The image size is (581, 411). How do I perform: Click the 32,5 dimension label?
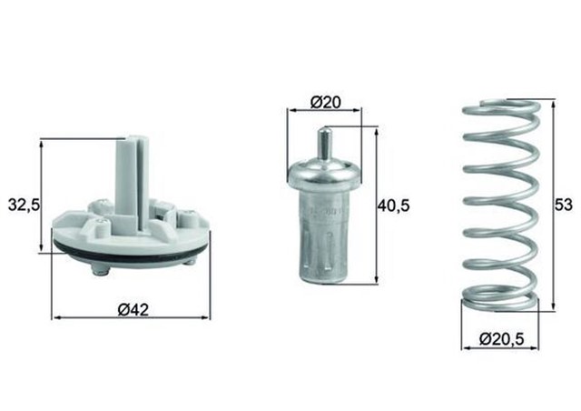(x=23, y=205)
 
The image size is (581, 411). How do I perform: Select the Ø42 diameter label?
(x=133, y=307)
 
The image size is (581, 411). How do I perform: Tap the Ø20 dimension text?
(x=324, y=101)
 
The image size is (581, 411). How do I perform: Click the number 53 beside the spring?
(x=564, y=205)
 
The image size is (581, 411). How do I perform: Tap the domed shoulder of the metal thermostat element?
(x=324, y=173)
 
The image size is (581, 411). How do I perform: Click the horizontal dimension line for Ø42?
(x=91, y=318)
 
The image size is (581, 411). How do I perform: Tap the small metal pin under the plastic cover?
(x=100, y=270)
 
